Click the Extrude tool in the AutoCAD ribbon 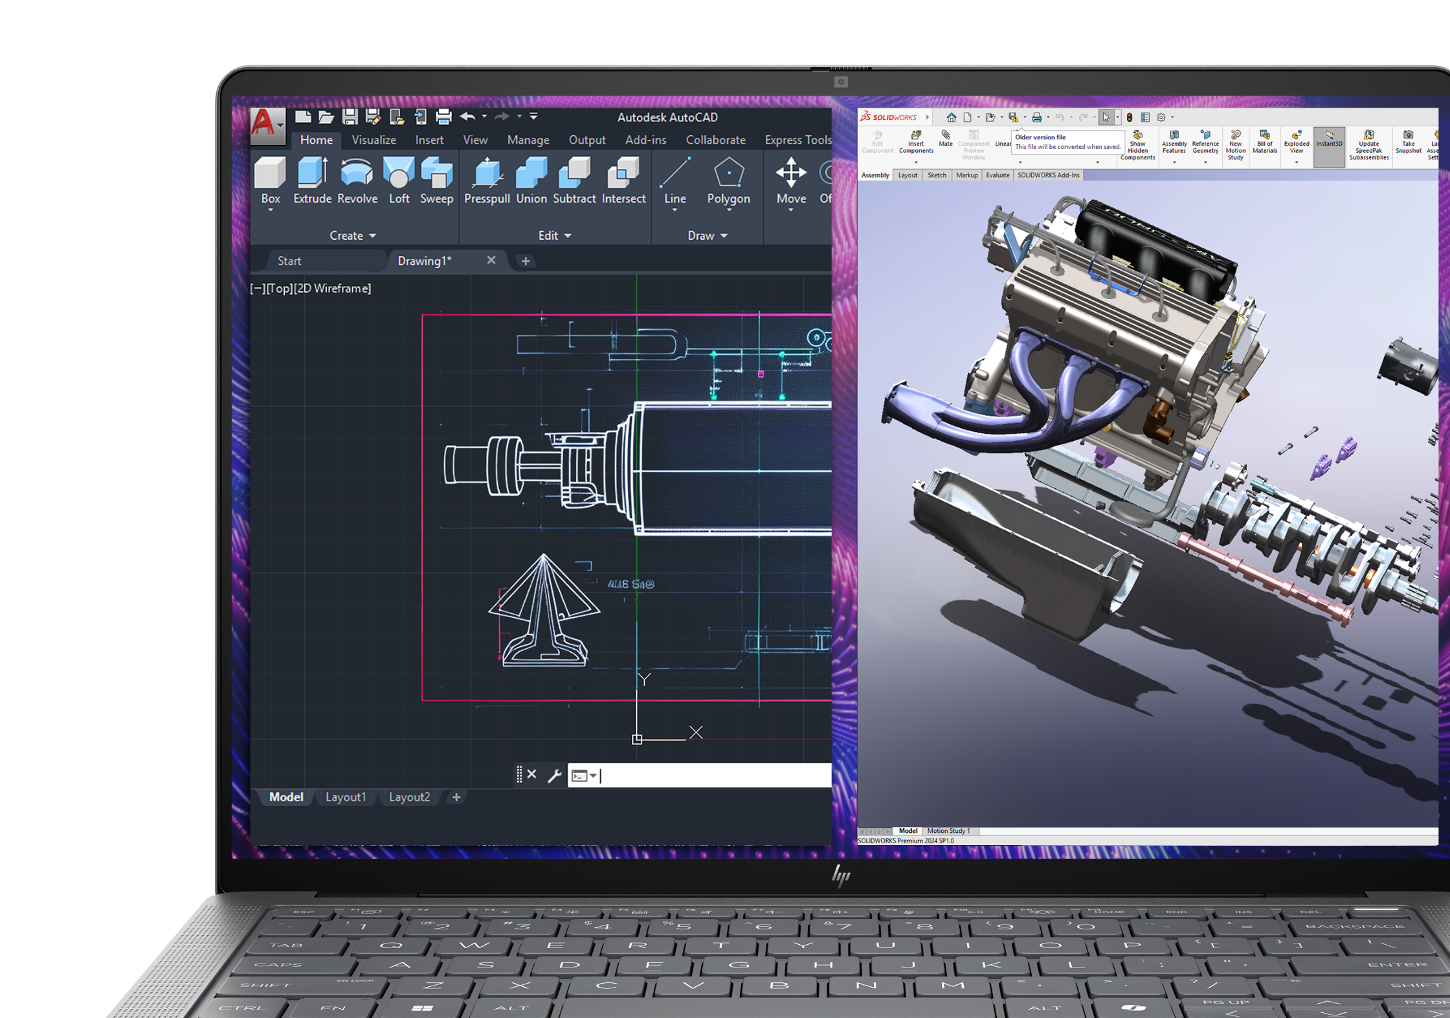coord(312,181)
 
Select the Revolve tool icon coord(357,181)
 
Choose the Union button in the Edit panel coord(531,181)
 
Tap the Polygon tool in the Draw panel coord(728,181)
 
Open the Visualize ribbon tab coord(374,140)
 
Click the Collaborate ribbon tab coord(715,140)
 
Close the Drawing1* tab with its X coord(491,260)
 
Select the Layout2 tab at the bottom coord(409,797)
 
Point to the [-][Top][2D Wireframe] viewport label coord(311,289)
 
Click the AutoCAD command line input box coord(712,775)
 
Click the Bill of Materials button coord(1264,144)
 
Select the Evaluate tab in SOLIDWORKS coord(997,175)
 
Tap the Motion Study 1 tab coord(948,831)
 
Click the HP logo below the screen coord(841,876)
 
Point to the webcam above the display coord(841,82)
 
